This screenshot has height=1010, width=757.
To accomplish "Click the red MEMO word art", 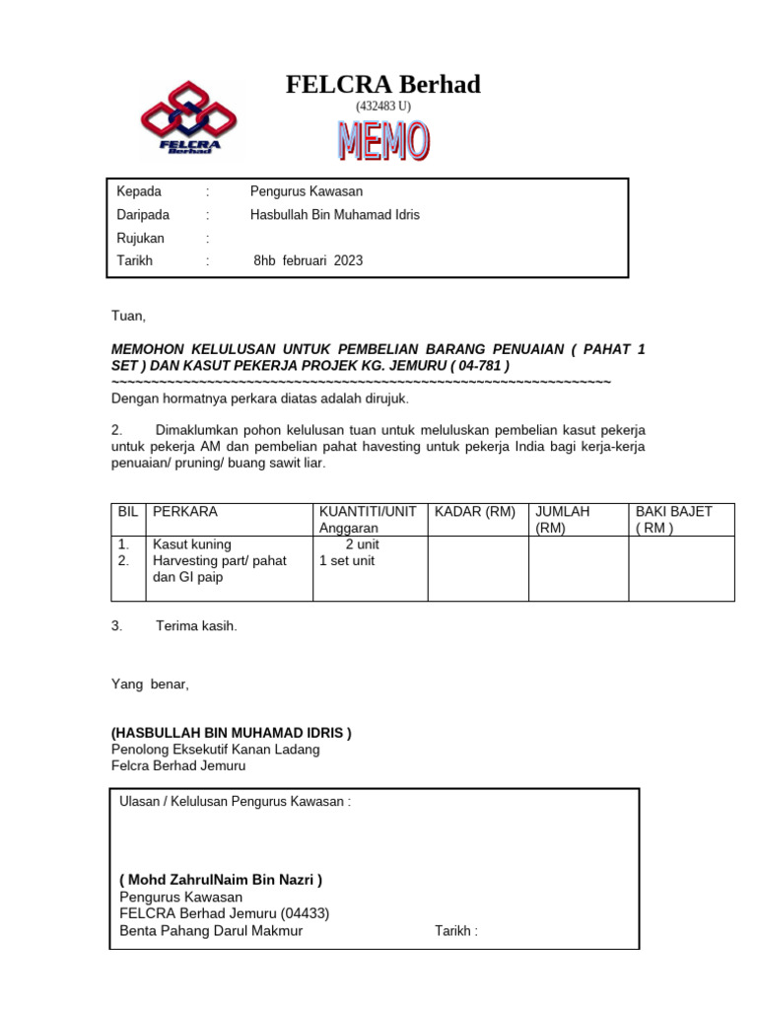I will pos(383,141).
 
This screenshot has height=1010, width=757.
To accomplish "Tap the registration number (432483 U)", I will pos(383,106).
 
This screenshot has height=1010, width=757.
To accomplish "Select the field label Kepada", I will pos(139,191).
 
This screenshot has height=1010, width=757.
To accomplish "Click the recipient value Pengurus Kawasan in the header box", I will pos(307,191).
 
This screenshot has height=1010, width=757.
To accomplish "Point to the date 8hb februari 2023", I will pos(309,261).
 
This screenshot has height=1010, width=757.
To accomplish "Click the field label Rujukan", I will pos(141,238).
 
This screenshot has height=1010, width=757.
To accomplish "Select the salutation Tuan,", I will pos(127,317).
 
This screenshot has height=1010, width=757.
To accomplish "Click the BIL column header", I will pos(127,512).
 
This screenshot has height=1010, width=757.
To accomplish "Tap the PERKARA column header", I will pos(184,512).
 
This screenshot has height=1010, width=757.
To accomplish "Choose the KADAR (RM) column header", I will pos(475,512).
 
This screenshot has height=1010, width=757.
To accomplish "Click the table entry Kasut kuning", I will pos(191,544).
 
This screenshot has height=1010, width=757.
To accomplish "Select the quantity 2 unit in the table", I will pos(362,544).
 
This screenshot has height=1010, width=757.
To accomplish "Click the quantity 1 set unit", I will pos(347,561).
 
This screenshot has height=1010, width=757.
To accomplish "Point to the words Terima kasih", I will pos(196,626).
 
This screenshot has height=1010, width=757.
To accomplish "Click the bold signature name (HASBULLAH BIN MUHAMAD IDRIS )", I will pos(231,733).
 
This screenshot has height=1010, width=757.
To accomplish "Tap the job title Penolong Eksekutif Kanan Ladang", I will pos(215,750).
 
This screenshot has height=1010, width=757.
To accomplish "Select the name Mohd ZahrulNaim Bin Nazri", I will pos(221,880).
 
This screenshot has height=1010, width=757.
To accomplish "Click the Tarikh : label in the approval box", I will pos(455,930).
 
